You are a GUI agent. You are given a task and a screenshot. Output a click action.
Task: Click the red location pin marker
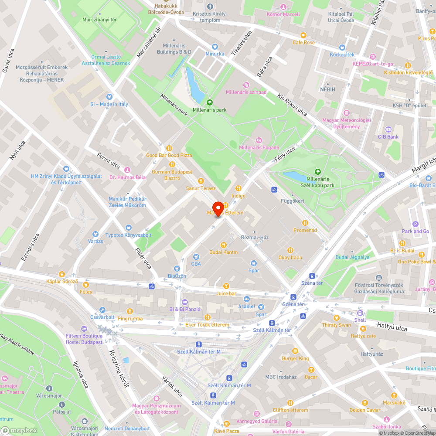click(x=218, y=208)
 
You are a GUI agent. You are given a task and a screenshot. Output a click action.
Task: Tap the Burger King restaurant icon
click(x=295, y=351)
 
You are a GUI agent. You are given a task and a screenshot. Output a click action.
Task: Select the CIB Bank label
click(x=388, y=137)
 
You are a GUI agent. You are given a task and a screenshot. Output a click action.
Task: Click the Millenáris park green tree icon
click(x=210, y=102)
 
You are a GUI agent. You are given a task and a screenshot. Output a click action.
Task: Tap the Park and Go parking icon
click(x=416, y=224)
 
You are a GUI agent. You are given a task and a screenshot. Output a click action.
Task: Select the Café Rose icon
click(x=303, y=35)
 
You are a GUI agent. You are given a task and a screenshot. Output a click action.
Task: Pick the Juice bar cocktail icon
click(x=226, y=286)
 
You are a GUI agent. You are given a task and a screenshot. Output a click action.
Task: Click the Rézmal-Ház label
click(x=255, y=237)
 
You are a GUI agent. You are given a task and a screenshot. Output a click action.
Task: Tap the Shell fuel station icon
click(x=360, y=313)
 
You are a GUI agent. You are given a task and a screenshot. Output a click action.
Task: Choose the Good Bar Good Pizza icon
click(x=169, y=148)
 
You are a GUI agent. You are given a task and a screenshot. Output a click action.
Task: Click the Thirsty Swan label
click(x=336, y=325)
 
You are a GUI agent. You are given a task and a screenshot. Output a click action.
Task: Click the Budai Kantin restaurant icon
click(x=224, y=245)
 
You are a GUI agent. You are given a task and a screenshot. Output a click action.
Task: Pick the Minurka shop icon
click(x=215, y=47)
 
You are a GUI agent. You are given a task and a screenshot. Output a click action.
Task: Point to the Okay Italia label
click(x=290, y=257)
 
